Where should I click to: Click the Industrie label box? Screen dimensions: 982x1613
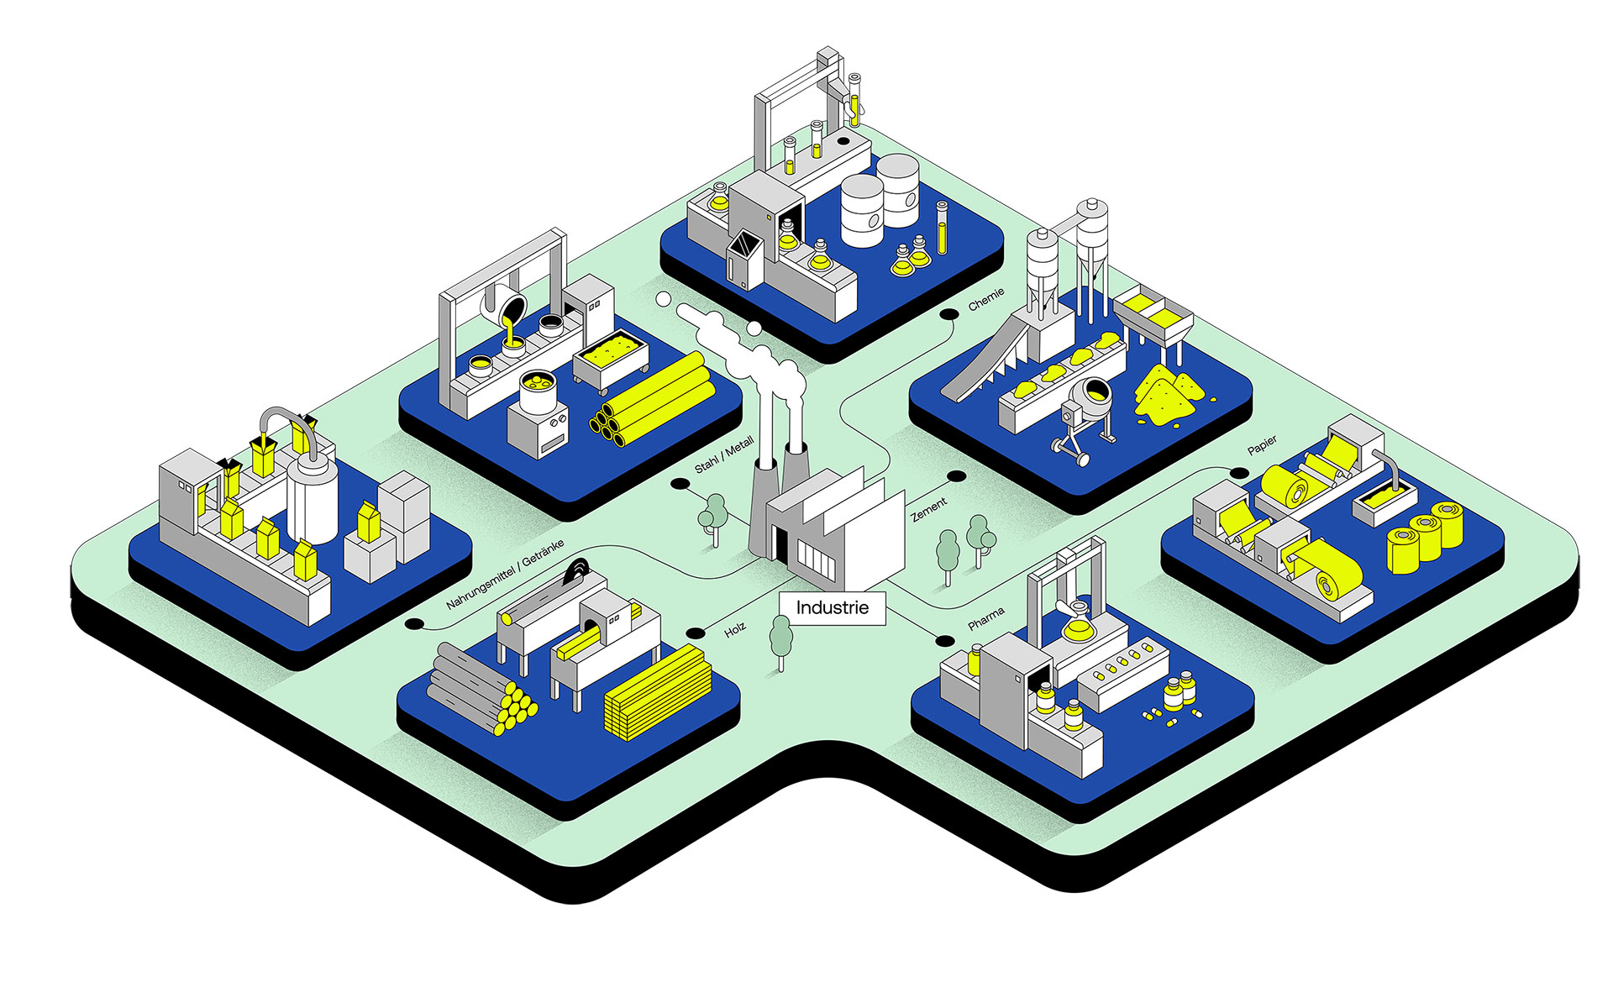(x=832, y=608)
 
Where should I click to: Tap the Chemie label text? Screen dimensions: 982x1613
(x=985, y=299)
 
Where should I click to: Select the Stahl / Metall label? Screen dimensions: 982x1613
(x=724, y=454)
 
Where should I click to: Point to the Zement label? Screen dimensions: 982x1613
(x=929, y=508)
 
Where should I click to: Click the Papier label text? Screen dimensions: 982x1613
(x=1262, y=444)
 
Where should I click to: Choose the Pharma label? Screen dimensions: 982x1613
(x=985, y=619)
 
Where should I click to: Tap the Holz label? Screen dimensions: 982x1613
(x=735, y=629)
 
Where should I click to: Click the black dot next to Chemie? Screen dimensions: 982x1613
(x=949, y=314)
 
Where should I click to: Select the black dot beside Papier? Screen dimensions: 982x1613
(x=1239, y=473)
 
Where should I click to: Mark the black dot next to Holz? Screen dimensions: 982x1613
(x=695, y=633)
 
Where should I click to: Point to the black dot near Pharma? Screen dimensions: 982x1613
(x=945, y=641)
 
